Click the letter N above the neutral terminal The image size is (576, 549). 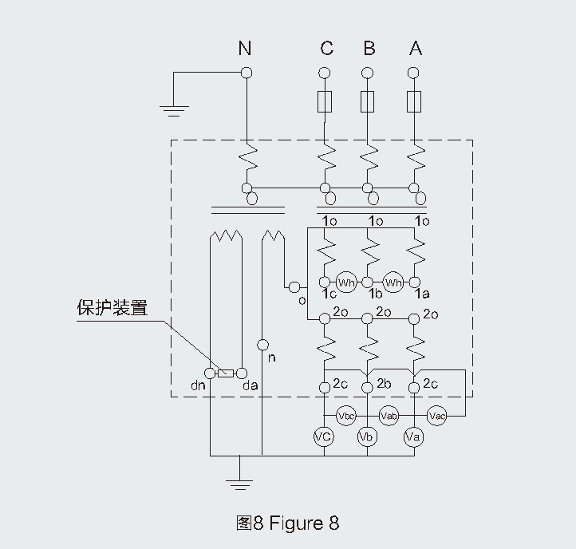coord(245,49)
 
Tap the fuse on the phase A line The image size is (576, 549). coord(413,101)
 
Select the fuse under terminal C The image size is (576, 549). coord(325,101)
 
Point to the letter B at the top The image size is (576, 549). coord(369,49)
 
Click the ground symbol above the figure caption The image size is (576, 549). coord(239,483)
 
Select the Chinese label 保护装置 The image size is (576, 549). coord(112,308)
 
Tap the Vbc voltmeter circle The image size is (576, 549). coord(345,416)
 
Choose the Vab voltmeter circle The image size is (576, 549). coord(389,416)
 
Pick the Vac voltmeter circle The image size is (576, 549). coord(436,416)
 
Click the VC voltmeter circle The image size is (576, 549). coord(324,436)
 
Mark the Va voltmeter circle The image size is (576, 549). coord(412,436)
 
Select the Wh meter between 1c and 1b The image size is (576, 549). coord(345,282)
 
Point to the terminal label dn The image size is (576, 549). coord(199,386)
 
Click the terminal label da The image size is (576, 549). coord(250,386)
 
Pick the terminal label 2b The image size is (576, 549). coord(384,383)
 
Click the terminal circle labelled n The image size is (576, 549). coord(262,346)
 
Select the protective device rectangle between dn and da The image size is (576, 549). coord(226,373)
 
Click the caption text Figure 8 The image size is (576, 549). coord(304,523)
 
